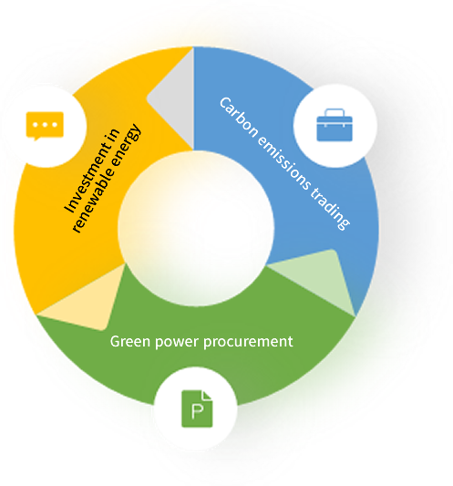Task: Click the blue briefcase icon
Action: click(x=335, y=125)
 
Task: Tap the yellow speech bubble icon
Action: click(x=45, y=126)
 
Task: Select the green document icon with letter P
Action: click(x=197, y=408)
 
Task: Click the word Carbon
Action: click(x=238, y=117)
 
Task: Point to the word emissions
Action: click(x=283, y=163)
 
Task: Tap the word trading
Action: click(x=330, y=209)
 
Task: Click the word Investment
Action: click(x=91, y=171)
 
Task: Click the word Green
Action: click(x=129, y=341)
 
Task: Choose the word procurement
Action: click(x=248, y=342)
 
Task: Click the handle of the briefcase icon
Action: click(x=335, y=112)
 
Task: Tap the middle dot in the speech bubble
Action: click(x=45, y=125)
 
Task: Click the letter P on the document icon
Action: click(x=197, y=411)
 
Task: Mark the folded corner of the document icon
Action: click(x=207, y=395)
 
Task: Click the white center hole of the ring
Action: click(x=196, y=229)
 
